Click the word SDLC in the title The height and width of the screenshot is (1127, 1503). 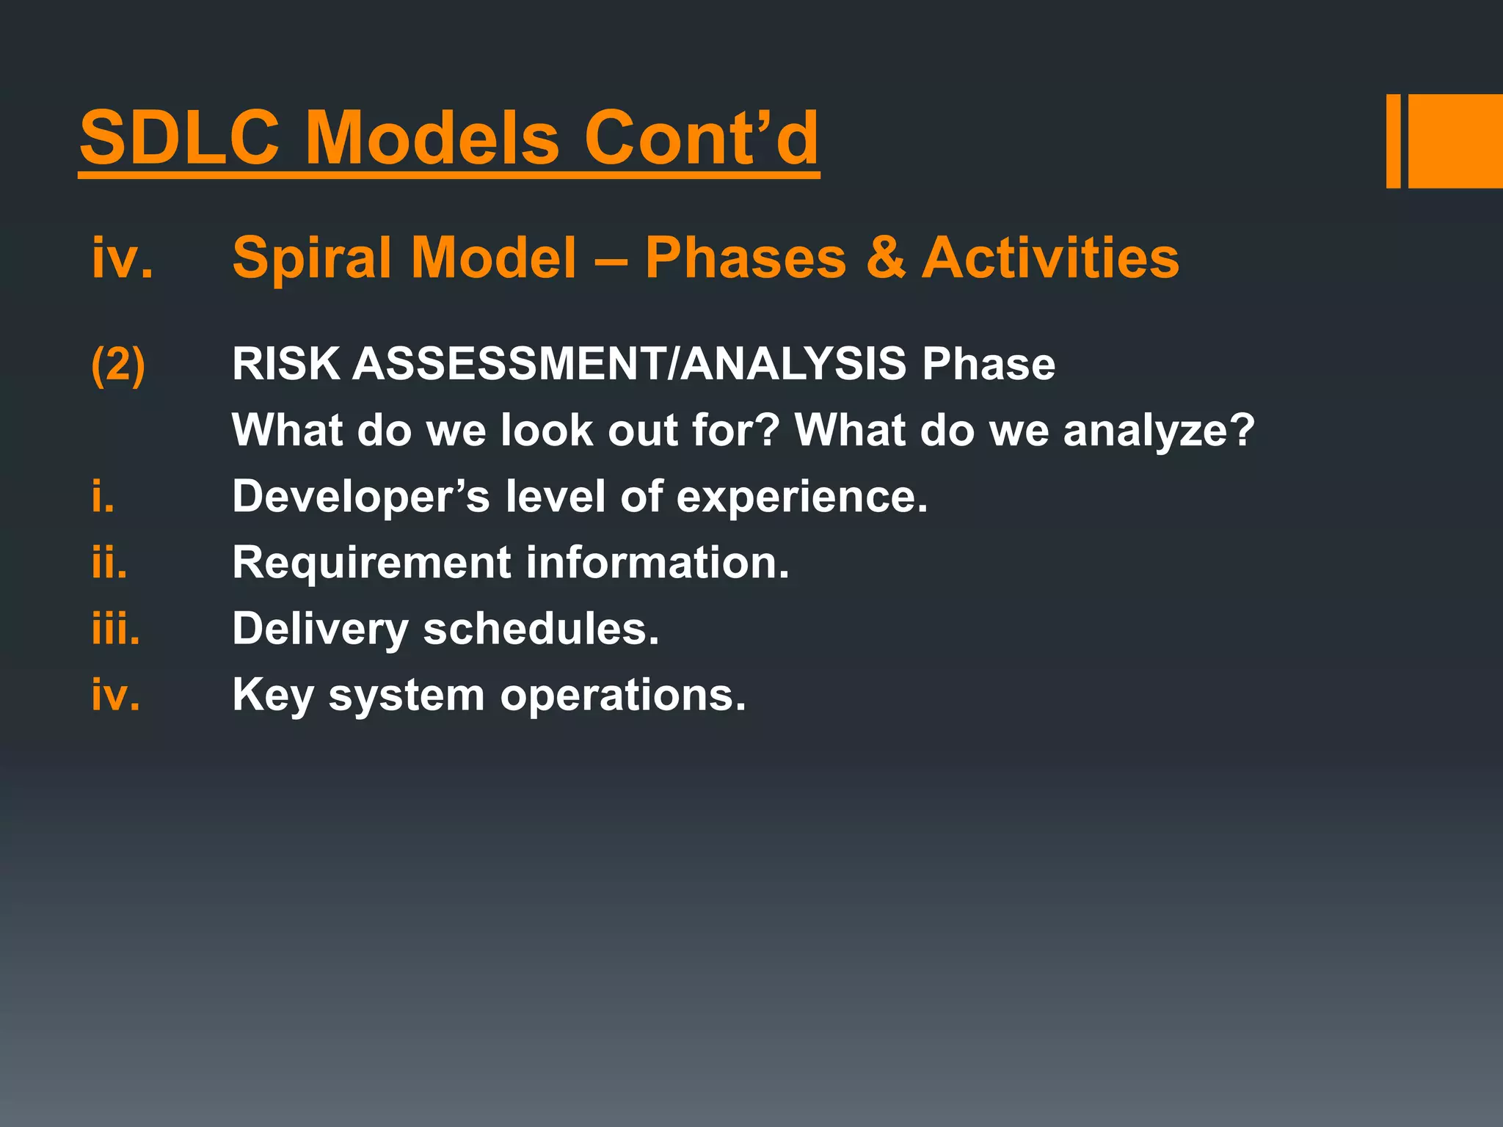[180, 138]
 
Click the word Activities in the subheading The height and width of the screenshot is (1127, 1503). [1050, 258]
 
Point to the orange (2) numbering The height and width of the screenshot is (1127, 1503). [117, 364]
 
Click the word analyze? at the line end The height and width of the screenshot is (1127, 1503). [1159, 431]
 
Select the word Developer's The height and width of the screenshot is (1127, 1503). [360, 497]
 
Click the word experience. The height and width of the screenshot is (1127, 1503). [801, 497]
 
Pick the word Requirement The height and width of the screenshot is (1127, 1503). [371, 563]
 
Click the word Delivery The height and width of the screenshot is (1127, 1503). [320, 630]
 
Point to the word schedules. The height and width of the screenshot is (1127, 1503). [541, 630]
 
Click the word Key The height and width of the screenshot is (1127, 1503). [272, 696]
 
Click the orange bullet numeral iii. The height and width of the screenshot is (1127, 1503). [115, 630]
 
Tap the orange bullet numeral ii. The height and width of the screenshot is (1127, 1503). [109, 563]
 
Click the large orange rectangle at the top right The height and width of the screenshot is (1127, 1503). [1455, 141]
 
